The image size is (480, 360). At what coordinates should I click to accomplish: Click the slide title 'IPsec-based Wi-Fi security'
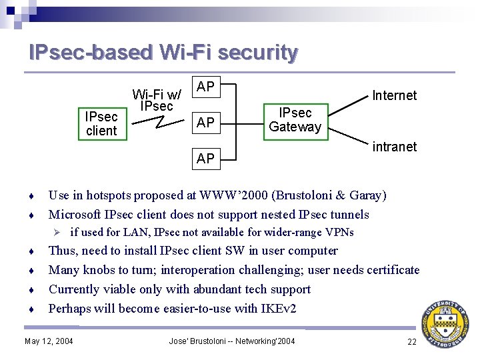click(x=163, y=52)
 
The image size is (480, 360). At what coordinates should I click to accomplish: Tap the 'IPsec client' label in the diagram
click(x=101, y=124)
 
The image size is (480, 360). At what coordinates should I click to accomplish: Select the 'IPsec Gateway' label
click(x=295, y=119)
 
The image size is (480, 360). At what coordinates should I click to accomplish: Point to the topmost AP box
click(x=205, y=87)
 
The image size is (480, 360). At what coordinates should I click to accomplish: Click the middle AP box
click(x=205, y=122)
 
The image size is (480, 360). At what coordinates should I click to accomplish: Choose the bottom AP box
click(x=205, y=158)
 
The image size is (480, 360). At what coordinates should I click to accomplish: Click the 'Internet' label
click(x=394, y=95)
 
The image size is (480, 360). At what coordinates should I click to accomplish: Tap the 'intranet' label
click(x=394, y=146)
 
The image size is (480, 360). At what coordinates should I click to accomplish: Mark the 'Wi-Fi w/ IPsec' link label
click(x=157, y=100)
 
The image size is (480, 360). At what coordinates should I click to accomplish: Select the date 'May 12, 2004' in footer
click(x=49, y=342)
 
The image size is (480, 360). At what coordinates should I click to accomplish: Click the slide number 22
click(x=411, y=342)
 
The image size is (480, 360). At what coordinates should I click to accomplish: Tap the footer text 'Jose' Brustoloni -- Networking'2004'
click(x=232, y=342)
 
